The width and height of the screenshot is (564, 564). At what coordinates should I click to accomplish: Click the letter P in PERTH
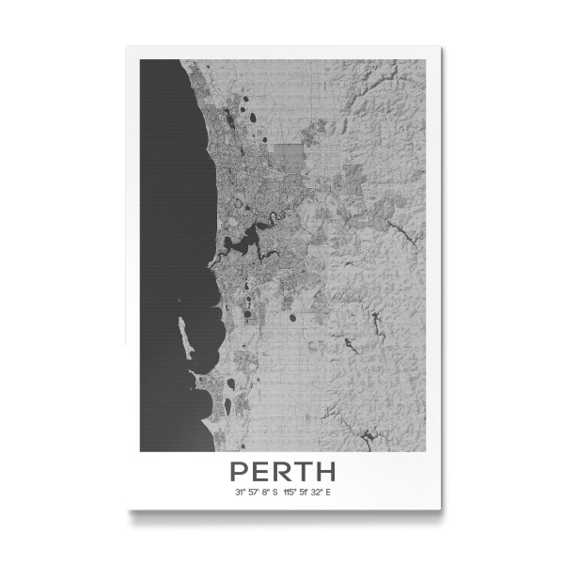pyautogui.click(x=238, y=470)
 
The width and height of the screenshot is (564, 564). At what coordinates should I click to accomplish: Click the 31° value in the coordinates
pyautogui.click(x=241, y=492)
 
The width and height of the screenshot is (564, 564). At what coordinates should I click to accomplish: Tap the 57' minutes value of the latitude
pyautogui.click(x=254, y=492)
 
